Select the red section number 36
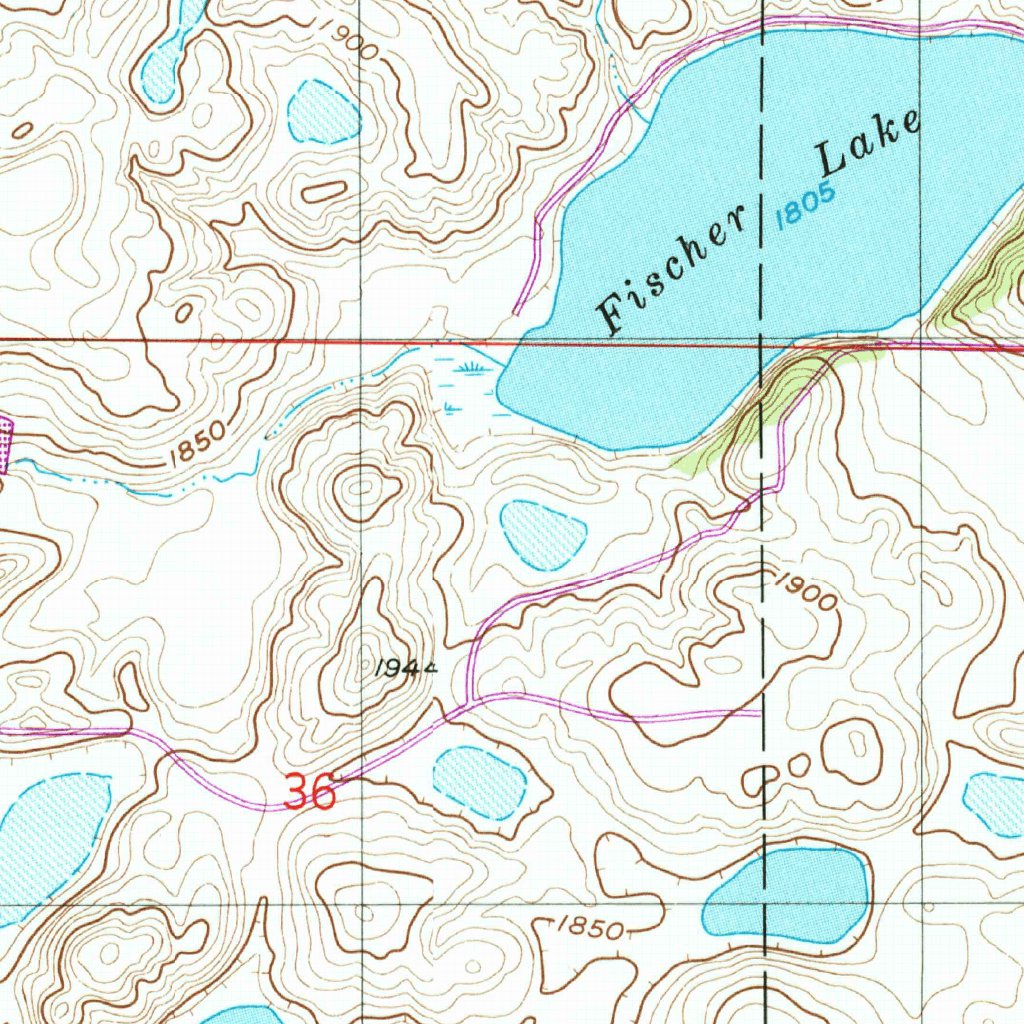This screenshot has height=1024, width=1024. pyautogui.click(x=309, y=793)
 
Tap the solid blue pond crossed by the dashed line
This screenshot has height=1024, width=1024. pyautogui.click(x=787, y=896)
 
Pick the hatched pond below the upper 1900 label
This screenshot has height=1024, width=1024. pyautogui.click(x=323, y=110)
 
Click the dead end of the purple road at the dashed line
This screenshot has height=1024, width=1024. pyautogui.click(x=757, y=714)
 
